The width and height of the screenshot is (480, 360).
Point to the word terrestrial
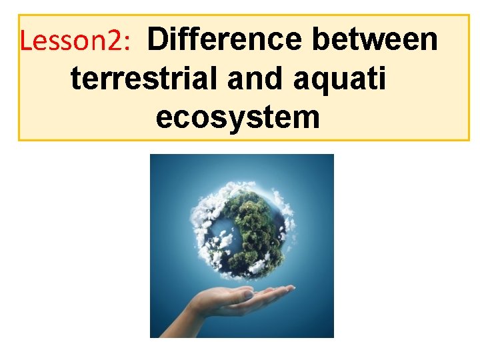tap(143, 79)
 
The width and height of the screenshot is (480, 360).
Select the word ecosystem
tap(237, 118)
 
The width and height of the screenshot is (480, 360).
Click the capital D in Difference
tap(157, 40)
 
